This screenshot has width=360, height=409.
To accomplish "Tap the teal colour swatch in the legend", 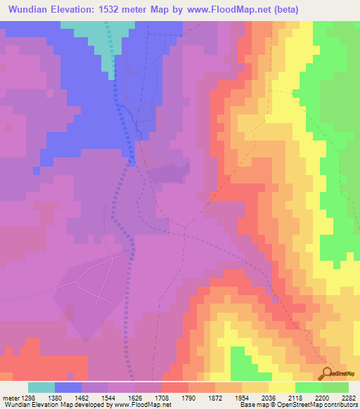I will pos(41,387).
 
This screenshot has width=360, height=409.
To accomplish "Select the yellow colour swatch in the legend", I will pos(282,387).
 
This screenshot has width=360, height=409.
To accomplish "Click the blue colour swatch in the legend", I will pos(68,387).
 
